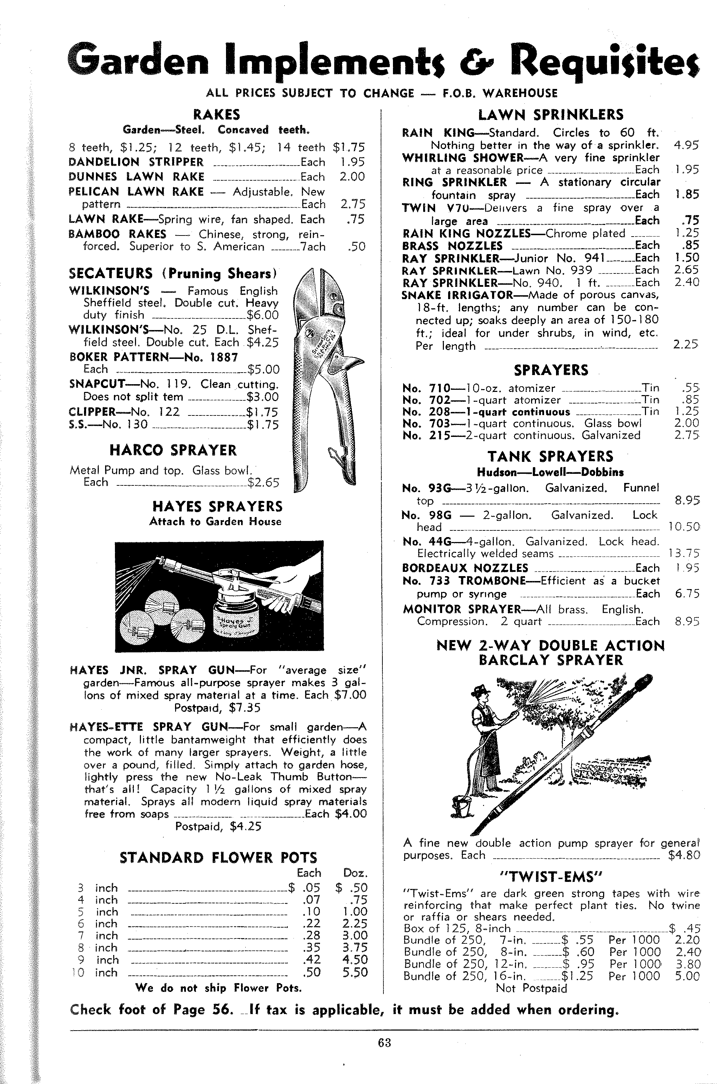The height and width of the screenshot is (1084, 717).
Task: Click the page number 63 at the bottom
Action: [x=384, y=1043]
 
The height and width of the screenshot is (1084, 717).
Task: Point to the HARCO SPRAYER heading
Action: [x=173, y=450]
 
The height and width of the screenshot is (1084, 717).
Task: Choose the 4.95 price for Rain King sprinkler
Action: [x=686, y=146]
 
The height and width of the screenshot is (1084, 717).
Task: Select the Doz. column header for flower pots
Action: [x=355, y=873]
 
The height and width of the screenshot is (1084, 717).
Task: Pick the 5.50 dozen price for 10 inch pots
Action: [x=355, y=973]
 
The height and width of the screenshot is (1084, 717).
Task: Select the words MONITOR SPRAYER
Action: [x=462, y=609]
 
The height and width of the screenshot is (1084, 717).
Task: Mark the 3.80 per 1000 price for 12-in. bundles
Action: [x=687, y=964]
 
